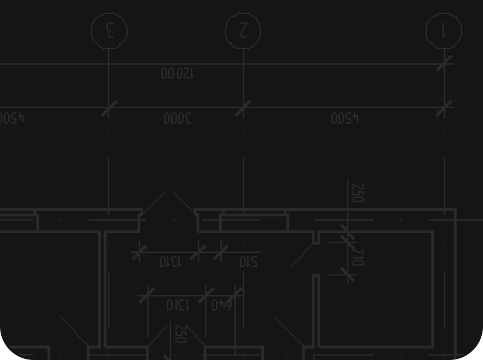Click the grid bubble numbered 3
109,30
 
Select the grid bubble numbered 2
243,30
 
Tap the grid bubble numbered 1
444,30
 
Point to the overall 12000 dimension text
177,74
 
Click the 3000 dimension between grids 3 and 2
177,118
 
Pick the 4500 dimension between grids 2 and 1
345,118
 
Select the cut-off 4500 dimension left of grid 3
11,118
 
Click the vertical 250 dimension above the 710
358,193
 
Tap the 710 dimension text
358,257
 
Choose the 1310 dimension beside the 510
170,261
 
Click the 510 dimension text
248,261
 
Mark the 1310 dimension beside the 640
177,305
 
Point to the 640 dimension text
221,305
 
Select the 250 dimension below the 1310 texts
180,334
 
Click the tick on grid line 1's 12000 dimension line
444,64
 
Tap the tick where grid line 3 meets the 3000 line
109,108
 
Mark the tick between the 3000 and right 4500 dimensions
243,108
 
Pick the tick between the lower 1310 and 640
206,294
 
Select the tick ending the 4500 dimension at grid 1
444,108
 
